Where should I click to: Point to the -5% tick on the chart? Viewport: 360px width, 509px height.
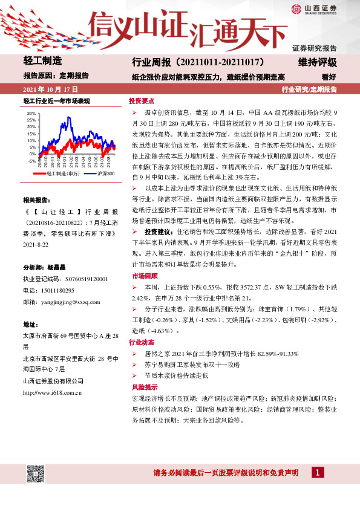(32, 161)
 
